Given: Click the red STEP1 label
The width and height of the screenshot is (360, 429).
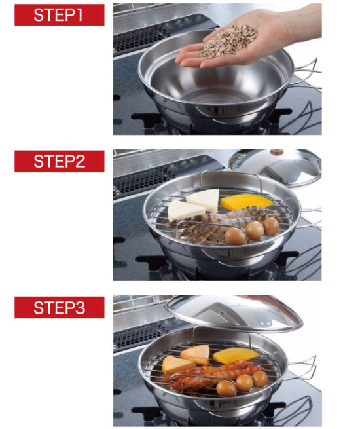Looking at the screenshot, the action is click(60, 15).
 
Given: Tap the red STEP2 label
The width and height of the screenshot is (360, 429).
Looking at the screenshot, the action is click(60, 161).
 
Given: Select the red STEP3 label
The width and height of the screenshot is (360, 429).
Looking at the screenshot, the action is click(60, 307).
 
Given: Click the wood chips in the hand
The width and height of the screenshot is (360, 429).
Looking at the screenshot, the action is click(229, 41).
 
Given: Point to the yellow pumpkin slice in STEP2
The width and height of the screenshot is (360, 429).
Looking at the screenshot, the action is click(247, 202).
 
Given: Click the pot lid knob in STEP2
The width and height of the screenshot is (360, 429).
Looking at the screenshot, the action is click(276, 152).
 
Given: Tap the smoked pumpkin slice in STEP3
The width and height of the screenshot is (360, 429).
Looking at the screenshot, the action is click(236, 355).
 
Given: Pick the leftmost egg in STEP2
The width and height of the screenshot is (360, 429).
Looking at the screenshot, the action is click(236, 236).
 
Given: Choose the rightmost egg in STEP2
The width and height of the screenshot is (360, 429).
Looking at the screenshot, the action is click(271, 226).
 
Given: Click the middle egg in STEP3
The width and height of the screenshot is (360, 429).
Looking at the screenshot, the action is click(244, 382).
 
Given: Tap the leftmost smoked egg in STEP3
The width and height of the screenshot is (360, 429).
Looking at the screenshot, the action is click(226, 388).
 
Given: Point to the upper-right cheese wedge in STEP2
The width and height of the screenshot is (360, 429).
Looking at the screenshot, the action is click(204, 200).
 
